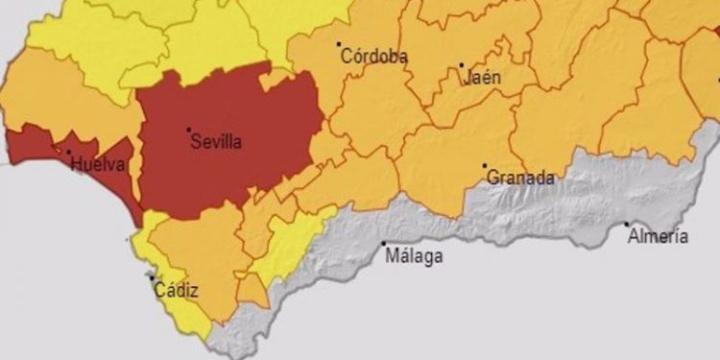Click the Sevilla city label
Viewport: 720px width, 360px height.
pyautogui.click(x=216, y=143)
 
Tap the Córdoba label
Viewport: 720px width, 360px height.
pyautogui.click(x=375, y=57)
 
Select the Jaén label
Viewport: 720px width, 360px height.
pyautogui.click(x=482, y=78)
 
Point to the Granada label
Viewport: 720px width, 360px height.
pyautogui.click(x=520, y=178)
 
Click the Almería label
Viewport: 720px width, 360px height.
pyautogui.click(x=658, y=236)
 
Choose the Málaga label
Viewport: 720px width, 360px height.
pyautogui.click(x=414, y=256)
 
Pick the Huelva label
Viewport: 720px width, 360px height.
pyautogui.click(x=97, y=164)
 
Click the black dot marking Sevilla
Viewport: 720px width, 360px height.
pyautogui.click(x=188, y=130)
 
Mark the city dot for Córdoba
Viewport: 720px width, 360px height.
pyautogui.click(x=339, y=43)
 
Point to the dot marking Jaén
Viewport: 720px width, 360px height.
pyautogui.click(x=461, y=65)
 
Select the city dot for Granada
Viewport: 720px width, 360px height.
pyautogui.click(x=485, y=165)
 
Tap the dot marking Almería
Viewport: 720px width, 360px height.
pyautogui.click(x=628, y=225)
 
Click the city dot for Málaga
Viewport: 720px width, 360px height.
pyautogui.click(x=384, y=244)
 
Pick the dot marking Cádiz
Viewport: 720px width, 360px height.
pyautogui.click(x=152, y=278)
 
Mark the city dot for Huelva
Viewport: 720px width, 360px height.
pyautogui.click(x=68, y=151)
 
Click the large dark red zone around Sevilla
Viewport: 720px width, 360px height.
pyautogui.click(x=240, y=115)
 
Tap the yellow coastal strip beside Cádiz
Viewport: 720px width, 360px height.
pyautogui.click(x=144, y=254)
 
